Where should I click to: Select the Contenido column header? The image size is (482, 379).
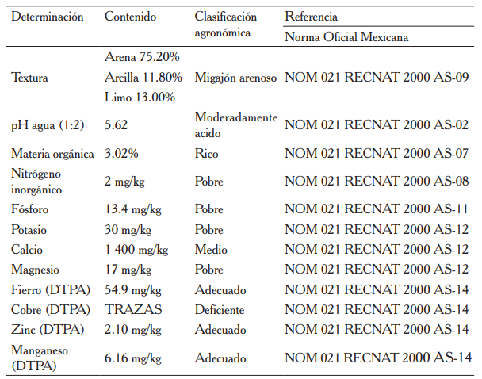click(x=131, y=17)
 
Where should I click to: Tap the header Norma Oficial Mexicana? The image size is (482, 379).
click(x=347, y=36)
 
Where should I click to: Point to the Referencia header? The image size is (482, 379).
click(x=311, y=17)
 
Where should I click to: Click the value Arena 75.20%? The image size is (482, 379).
click(x=142, y=58)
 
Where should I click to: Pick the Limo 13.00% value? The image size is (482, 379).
click(x=140, y=97)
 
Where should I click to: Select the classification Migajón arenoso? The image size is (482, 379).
click(x=235, y=78)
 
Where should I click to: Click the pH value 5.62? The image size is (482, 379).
click(x=117, y=125)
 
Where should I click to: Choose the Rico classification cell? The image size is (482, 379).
click(x=206, y=154)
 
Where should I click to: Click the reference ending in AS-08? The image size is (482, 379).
click(x=377, y=182)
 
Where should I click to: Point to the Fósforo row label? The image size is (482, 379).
click(x=30, y=210)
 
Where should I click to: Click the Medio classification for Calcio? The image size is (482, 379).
click(x=211, y=250)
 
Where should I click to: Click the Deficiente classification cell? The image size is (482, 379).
click(x=220, y=309)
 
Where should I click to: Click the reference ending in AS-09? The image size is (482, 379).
click(x=377, y=78)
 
